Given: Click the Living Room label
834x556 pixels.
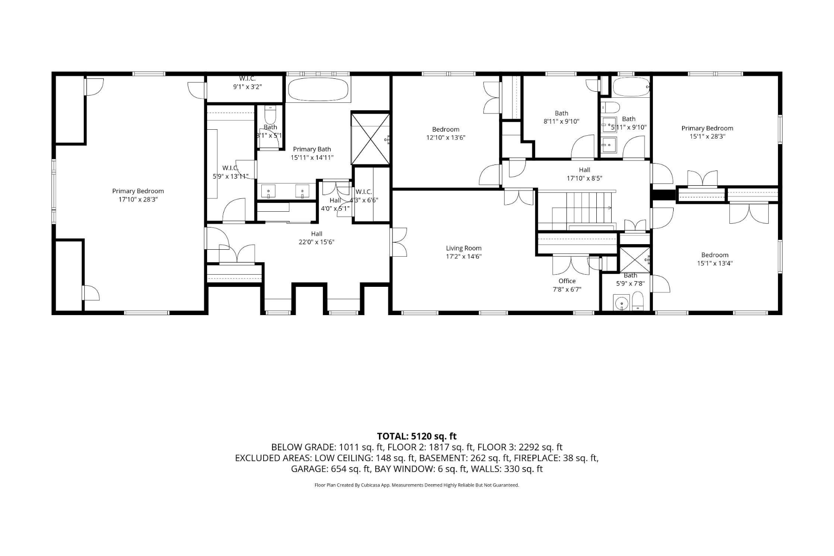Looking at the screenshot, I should [463, 248].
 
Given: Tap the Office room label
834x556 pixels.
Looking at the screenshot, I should [567, 281].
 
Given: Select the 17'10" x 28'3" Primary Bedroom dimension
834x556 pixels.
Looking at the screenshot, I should [138, 200].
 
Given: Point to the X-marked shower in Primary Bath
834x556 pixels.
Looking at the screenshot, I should [370, 139].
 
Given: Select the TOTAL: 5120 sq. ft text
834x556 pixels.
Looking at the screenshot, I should [417, 436].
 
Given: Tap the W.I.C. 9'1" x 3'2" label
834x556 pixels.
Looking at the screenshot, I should [247, 83].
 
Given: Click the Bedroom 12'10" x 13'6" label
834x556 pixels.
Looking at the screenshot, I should [445, 133].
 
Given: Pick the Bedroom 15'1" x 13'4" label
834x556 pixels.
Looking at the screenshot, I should [714, 259].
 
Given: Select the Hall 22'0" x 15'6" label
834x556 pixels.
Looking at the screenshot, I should [316, 238].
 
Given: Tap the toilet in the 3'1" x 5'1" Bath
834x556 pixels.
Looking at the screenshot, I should [270, 114].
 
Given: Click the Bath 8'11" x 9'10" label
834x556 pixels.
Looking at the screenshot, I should [561, 117].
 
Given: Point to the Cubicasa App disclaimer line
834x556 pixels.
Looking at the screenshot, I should [417, 485].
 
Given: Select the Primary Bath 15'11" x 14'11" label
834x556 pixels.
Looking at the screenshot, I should [312, 153].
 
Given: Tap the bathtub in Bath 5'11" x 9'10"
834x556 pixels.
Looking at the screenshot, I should [631, 87].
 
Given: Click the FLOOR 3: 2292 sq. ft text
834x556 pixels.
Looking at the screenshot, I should [519, 447].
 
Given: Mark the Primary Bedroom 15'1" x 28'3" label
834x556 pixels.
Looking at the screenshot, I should [707, 132].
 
